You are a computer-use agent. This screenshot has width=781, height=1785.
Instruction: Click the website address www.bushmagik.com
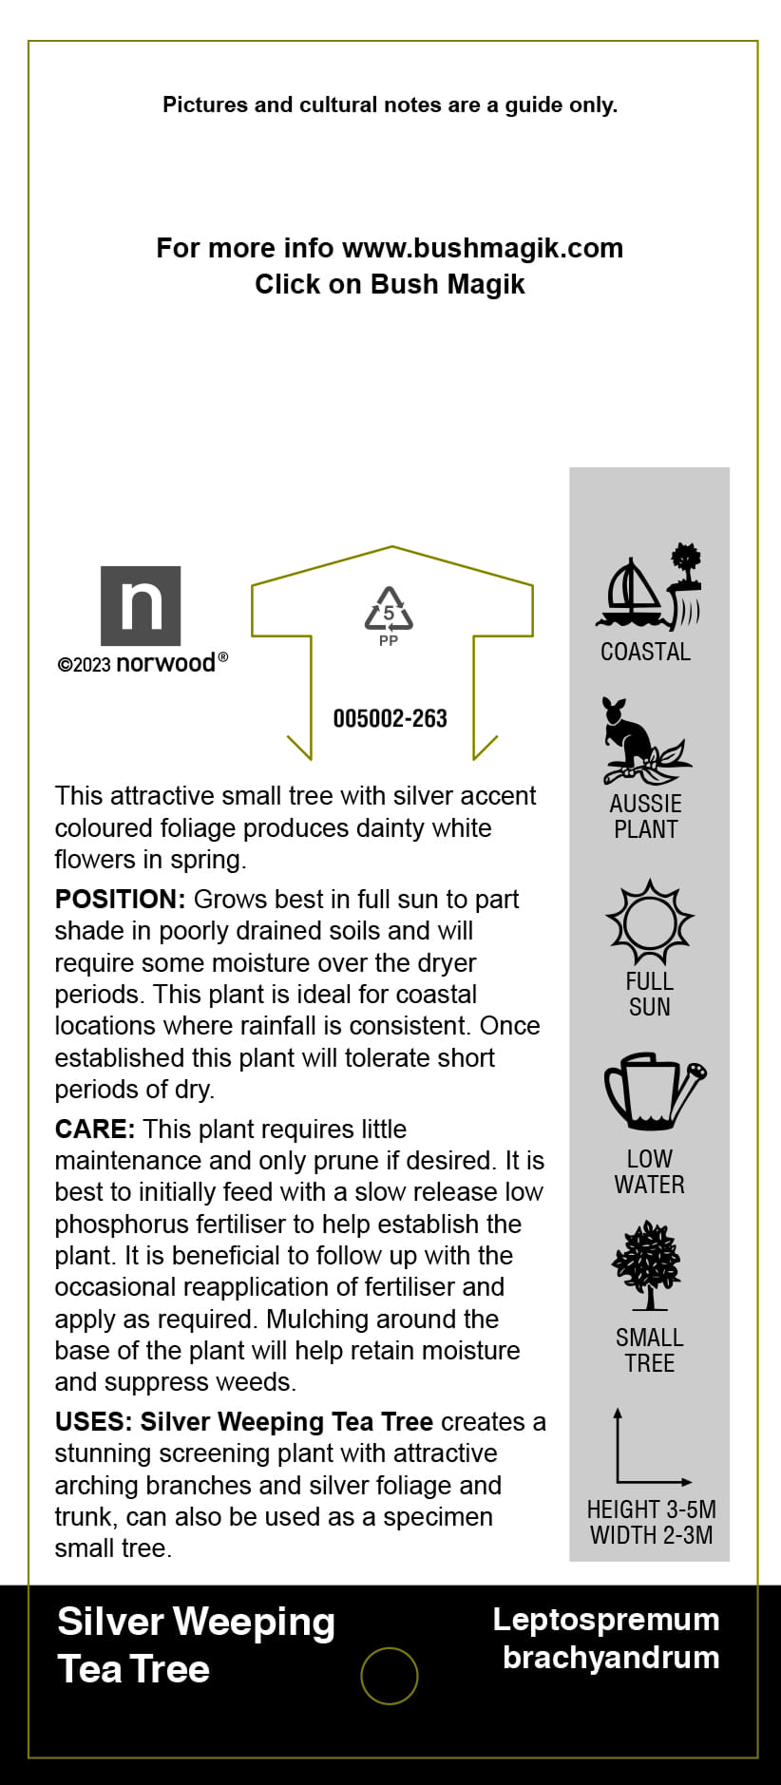pyautogui.click(x=482, y=249)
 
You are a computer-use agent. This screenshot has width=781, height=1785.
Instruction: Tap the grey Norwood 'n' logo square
pyautogui.click(x=141, y=605)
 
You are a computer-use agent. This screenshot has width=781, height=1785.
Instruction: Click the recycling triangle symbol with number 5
pyautogui.click(x=389, y=610)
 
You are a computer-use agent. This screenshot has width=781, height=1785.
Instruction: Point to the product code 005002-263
pyautogui.click(x=390, y=719)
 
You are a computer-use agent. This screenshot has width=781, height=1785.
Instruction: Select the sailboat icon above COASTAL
pyautogui.click(x=631, y=595)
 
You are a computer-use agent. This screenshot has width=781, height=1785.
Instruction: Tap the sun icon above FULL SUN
pyautogui.click(x=650, y=922)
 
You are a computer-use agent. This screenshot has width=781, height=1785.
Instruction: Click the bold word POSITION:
pyautogui.click(x=120, y=900)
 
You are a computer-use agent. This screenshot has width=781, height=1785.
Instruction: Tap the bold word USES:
pyautogui.click(x=93, y=1422)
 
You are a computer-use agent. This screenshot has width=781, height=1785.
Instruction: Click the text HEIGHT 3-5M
pyautogui.click(x=651, y=1510)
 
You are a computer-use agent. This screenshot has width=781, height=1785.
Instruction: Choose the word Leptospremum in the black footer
pyautogui.click(x=605, y=1620)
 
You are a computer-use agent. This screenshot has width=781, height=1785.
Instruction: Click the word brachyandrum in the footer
pyautogui.click(x=610, y=1658)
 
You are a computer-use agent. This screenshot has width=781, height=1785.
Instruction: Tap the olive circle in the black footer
pyautogui.click(x=390, y=1676)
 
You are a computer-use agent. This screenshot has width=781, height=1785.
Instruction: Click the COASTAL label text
pyautogui.click(x=645, y=652)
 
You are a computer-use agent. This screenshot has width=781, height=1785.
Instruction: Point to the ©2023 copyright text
pyautogui.click(x=85, y=665)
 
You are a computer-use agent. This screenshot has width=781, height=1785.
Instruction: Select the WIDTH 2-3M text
pyautogui.click(x=651, y=1535)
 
